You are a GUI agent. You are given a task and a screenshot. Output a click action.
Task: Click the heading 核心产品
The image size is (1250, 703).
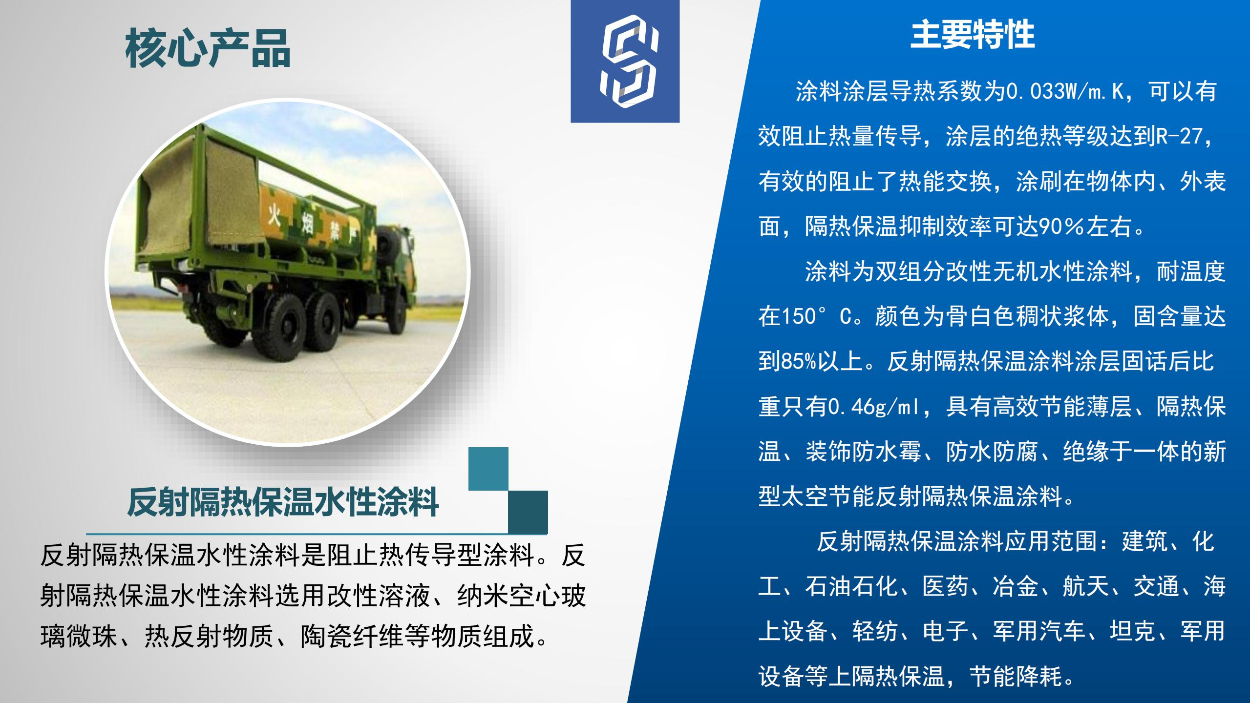[x=208, y=48]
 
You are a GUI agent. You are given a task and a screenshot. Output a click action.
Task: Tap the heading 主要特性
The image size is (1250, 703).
[x=973, y=35]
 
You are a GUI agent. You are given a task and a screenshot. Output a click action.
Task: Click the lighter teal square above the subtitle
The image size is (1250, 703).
[x=488, y=469]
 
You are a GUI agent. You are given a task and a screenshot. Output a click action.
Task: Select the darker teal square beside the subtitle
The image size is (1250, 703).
[x=528, y=512]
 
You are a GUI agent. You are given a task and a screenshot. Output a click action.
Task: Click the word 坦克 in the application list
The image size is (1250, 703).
[x=1132, y=631]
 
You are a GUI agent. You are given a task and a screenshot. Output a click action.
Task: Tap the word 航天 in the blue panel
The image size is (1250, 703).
[x=1085, y=586]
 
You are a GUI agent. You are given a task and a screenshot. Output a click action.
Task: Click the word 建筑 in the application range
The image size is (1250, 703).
[x=1144, y=541]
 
